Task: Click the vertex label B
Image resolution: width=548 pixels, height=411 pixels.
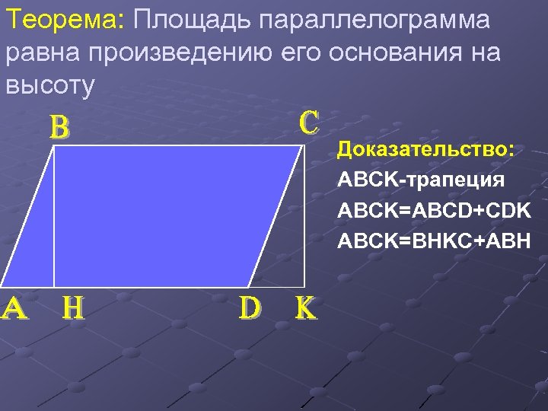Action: tap(59, 128)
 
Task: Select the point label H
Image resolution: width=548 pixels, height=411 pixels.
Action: tap(73, 307)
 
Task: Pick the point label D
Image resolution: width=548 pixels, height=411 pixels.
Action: tap(250, 307)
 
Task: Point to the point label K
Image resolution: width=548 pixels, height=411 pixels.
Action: tap(304, 307)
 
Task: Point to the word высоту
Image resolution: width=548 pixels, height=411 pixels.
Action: tap(49, 86)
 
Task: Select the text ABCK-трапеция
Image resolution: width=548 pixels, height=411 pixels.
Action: tap(421, 180)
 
